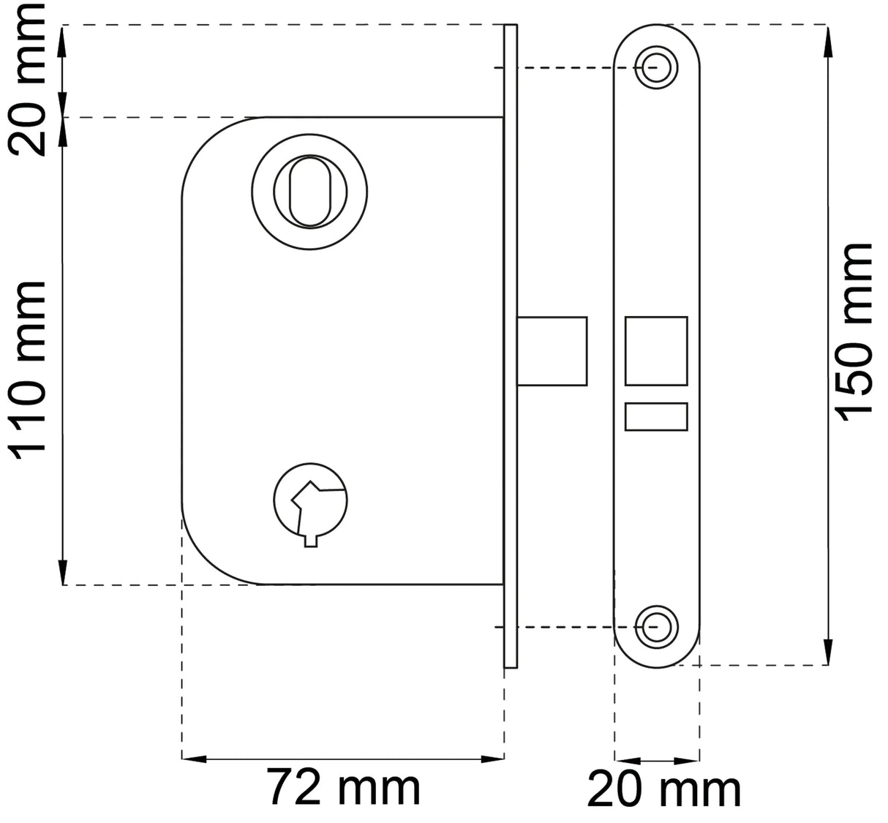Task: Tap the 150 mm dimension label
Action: tap(856, 333)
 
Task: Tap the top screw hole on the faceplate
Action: tap(656, 67)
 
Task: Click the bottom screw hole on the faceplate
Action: tap(656, 627)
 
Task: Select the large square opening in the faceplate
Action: tap(656, 351)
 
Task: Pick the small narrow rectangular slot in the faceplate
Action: tap(656, 417)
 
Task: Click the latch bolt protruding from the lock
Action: tap(552, 351)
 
